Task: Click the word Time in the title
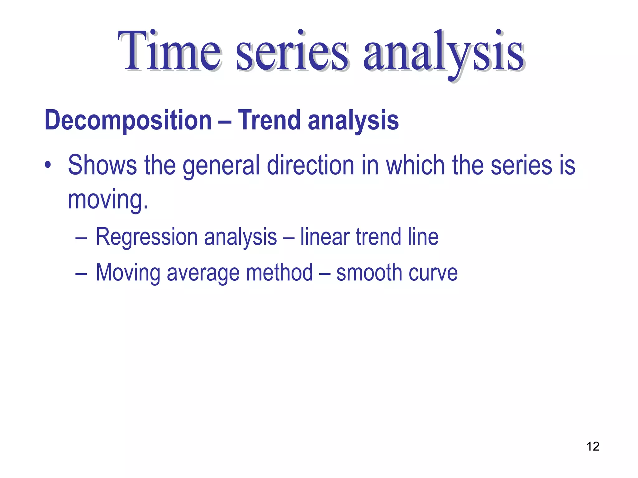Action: coord(170,51)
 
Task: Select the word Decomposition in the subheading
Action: coord(128,121)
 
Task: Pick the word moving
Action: coord(108,200)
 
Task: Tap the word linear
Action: coord(325,237)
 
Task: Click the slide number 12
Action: coord(593,446)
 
